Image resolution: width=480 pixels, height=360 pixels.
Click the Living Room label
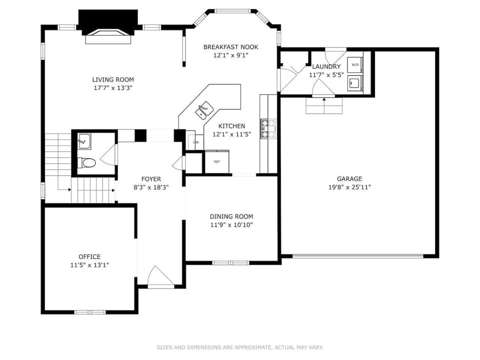[113, 79]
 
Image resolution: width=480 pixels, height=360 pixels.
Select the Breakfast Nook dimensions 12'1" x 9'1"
[230, 55]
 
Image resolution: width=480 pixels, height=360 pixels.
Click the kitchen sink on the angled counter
[204, 109]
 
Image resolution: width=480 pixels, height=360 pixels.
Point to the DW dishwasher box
[195, 142]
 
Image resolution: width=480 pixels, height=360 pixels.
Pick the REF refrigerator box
[217, 161]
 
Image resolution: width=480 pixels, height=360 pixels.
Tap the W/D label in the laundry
[355, 65]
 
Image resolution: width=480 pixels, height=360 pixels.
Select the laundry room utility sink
[355, 83]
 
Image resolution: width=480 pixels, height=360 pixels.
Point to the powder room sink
[84, 141]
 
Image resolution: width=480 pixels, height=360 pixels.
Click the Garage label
[349, 178]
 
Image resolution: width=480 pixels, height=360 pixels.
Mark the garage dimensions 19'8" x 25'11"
[349, 187]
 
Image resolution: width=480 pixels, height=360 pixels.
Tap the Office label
[89, 256]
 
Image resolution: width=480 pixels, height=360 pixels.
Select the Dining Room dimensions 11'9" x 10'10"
[231, 225]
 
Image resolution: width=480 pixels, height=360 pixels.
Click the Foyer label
[151, 179]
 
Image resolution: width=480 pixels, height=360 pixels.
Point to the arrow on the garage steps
[324, 99]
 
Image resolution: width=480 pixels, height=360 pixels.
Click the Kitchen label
[230, 126]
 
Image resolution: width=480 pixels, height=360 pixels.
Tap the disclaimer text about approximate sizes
[240, 347]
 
